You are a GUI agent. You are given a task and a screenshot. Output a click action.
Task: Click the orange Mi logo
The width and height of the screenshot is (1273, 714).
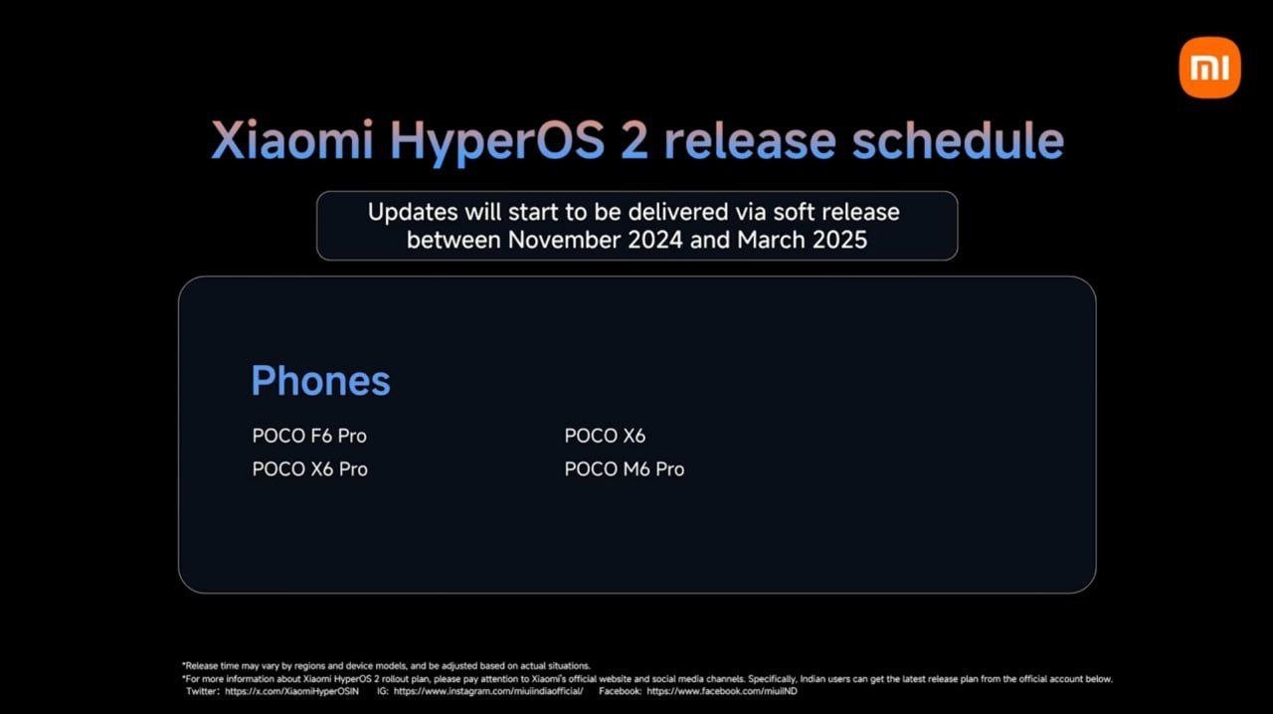[x=1209, y=68]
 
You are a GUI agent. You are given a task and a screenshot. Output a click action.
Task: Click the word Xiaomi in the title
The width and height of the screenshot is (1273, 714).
[x=292, y=140]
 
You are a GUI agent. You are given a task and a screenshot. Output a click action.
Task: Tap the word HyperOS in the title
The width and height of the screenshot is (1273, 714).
[x=497, y=142]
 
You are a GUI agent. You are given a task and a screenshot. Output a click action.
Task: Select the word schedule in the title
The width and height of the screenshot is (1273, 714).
[x=958, y=140]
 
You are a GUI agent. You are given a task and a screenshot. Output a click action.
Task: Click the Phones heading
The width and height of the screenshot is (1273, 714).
[x=320, y=380]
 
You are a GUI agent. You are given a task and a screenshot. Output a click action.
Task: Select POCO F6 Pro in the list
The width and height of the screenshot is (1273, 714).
[x=309, y=436]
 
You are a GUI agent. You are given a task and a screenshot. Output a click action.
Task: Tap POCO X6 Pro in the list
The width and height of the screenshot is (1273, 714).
[x=309, y=469]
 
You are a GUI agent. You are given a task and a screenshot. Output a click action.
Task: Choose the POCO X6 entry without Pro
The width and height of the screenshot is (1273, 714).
[x=605, y=436]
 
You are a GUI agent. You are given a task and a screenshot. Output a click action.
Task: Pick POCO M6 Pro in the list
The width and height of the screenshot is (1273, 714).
[x=624, y=469]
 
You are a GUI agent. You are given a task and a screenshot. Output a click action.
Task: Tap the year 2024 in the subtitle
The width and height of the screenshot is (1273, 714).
[x=655, y=240]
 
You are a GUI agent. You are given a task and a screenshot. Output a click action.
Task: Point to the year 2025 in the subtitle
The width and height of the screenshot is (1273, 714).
[x=840, y=240]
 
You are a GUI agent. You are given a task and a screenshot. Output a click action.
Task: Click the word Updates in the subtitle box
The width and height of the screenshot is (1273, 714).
[x=413, y=213]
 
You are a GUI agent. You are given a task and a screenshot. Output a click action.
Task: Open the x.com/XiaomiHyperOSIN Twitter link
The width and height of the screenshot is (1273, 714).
[x=291, y=691]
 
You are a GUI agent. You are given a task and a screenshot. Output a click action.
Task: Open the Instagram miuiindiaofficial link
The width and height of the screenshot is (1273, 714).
[x=488, y=691]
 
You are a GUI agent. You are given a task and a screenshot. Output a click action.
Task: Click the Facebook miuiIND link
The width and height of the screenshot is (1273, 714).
[x=722, y=691]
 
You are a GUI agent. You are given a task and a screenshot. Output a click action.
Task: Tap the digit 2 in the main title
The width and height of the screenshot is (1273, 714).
[x=635, y=140]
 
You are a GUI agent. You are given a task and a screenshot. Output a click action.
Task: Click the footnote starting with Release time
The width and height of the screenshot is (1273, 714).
[x=387, y=665]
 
